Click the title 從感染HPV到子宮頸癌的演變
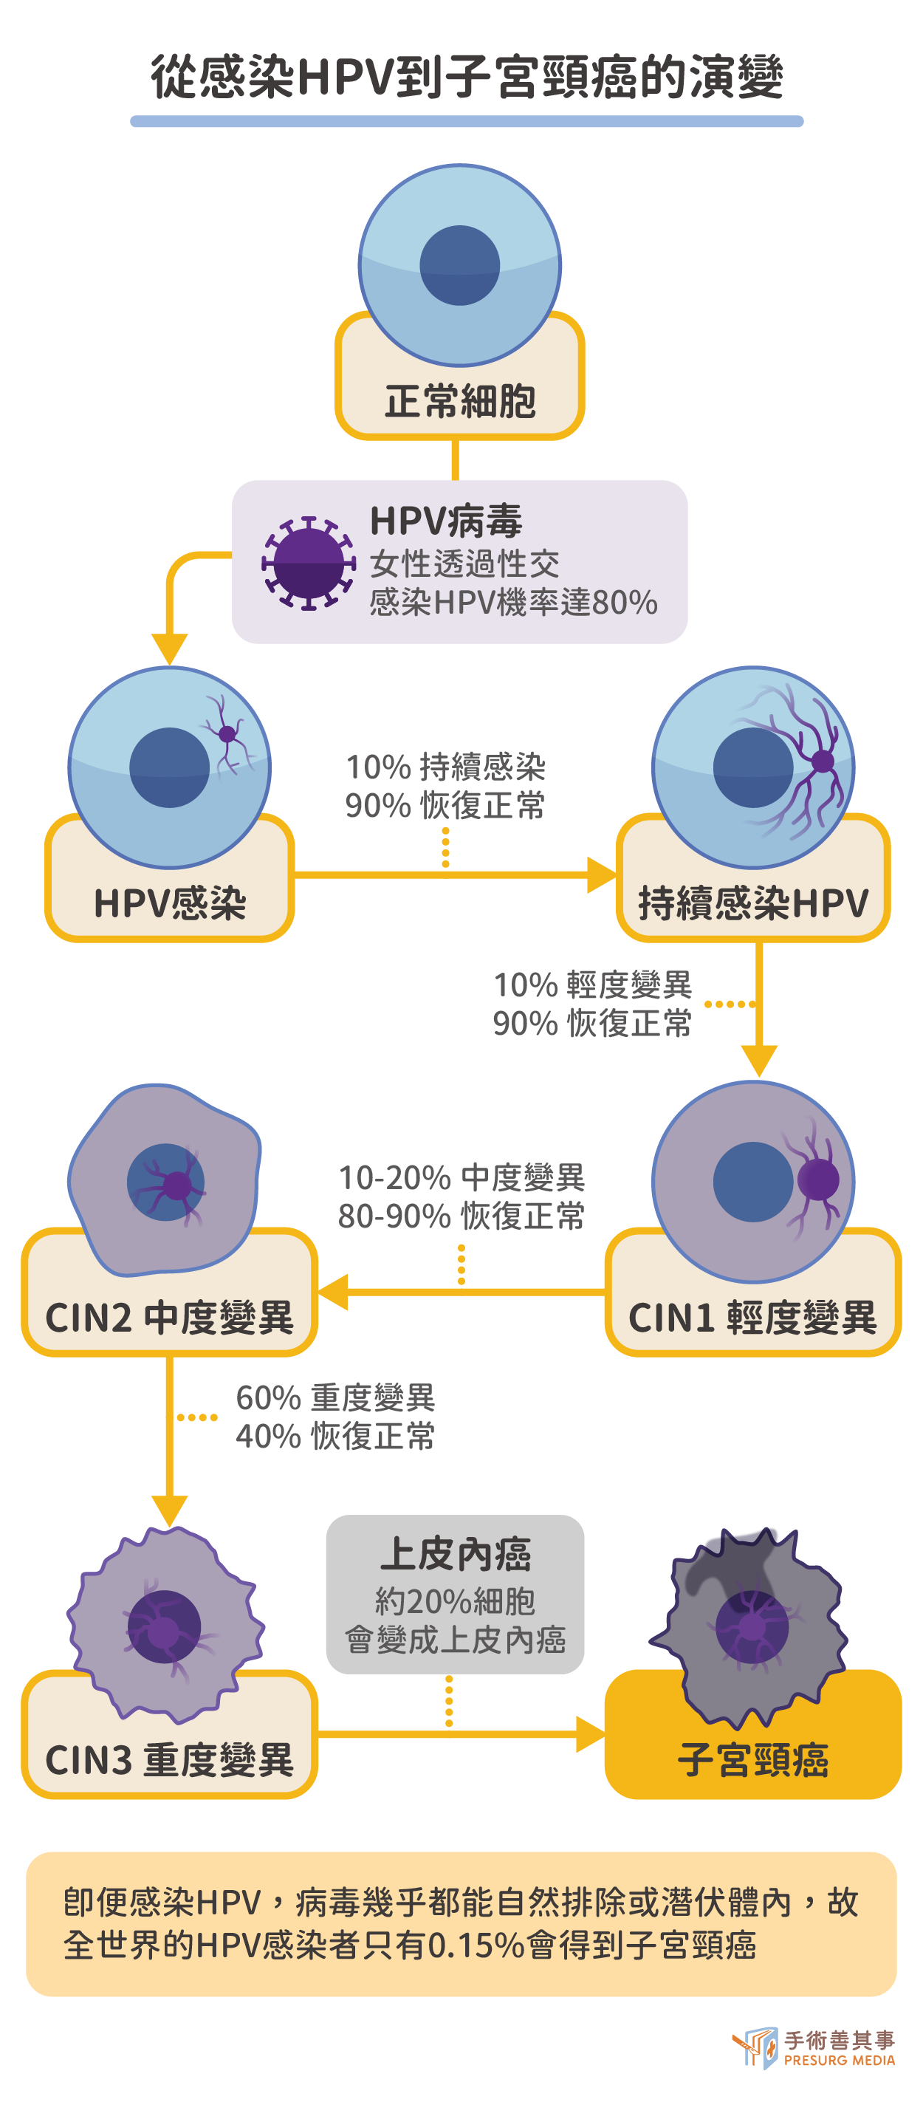466,77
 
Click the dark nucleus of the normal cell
459,265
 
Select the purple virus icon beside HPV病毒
309,563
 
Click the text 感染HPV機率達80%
513,602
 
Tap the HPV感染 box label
170,903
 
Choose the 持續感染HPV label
752,903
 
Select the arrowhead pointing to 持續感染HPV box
603,874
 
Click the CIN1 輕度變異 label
752,1317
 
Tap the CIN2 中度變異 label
169,1317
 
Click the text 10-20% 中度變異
462,1177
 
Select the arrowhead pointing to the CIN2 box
332,1292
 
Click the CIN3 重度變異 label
169,1759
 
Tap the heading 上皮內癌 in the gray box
456,1554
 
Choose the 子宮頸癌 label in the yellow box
752,1759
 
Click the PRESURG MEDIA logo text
839,2061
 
